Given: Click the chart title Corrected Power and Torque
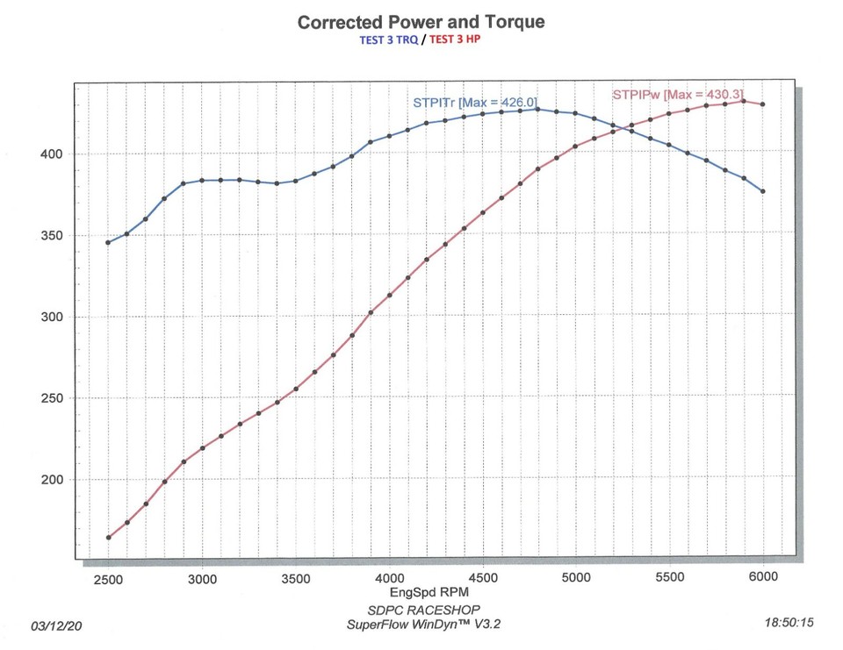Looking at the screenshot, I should click(x=421, y=22).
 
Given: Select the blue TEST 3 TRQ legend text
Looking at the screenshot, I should click(x=389, y=40).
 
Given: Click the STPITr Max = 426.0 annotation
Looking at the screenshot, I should click(x=475, y=103).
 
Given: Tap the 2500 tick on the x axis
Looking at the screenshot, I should click(x=108, y=578).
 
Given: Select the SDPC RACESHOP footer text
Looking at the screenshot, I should click(x=425, y=610).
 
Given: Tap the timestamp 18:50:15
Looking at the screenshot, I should click(x=789, y=623).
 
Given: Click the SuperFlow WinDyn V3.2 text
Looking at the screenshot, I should click(x=425, y=624).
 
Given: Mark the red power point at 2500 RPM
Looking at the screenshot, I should click(x=108, y=538).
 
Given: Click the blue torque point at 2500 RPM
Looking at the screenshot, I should click(x=108, y=242).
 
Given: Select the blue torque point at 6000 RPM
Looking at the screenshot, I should click(x=763, y=191).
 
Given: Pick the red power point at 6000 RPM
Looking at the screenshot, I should click(x=763, y=104).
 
